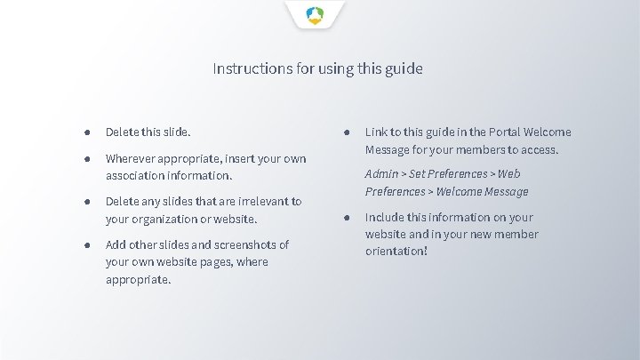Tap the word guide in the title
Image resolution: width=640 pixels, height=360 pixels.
[404, 68]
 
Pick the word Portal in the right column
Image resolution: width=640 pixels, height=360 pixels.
[494, 132]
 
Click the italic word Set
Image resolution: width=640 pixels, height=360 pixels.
[417, 174]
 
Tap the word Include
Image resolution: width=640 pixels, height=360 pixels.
[387, 217]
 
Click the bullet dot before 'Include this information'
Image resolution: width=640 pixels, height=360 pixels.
[347, 217]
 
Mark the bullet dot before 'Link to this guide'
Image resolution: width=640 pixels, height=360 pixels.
[347, 132]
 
